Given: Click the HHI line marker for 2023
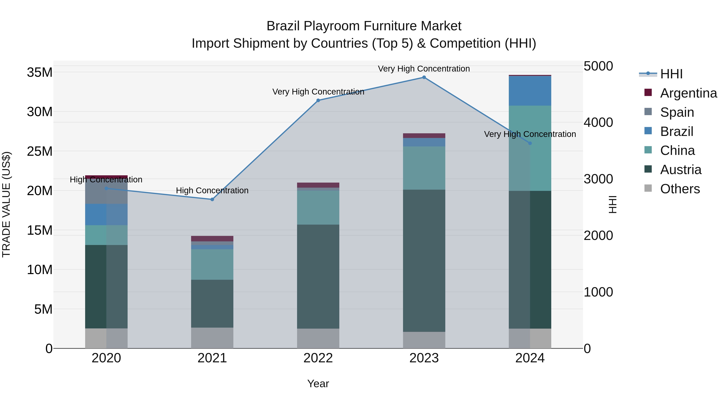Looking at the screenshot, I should [x=424, y=77].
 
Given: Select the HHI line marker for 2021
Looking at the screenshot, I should [x=212, y=200].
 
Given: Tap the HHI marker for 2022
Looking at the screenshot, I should [x=318, y=101].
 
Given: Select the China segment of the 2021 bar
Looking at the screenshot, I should [x=212, y=264].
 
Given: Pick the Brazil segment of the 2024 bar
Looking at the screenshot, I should [x=530, y=91].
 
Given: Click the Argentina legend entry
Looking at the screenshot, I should [x=688, y=93].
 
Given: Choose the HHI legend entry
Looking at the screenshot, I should [x=671, y=74].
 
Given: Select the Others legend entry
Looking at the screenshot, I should [x=680, y=189].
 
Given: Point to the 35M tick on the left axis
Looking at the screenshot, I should [x=40, y=73].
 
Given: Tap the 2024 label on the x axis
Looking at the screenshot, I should [x=530, y=358].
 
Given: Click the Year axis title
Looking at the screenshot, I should [x=318, y=384].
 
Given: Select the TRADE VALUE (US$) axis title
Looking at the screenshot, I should [x=6, y=204].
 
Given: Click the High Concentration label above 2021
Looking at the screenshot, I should [x=212, y=190].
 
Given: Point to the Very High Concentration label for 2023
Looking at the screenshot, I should [x=424, y=69].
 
